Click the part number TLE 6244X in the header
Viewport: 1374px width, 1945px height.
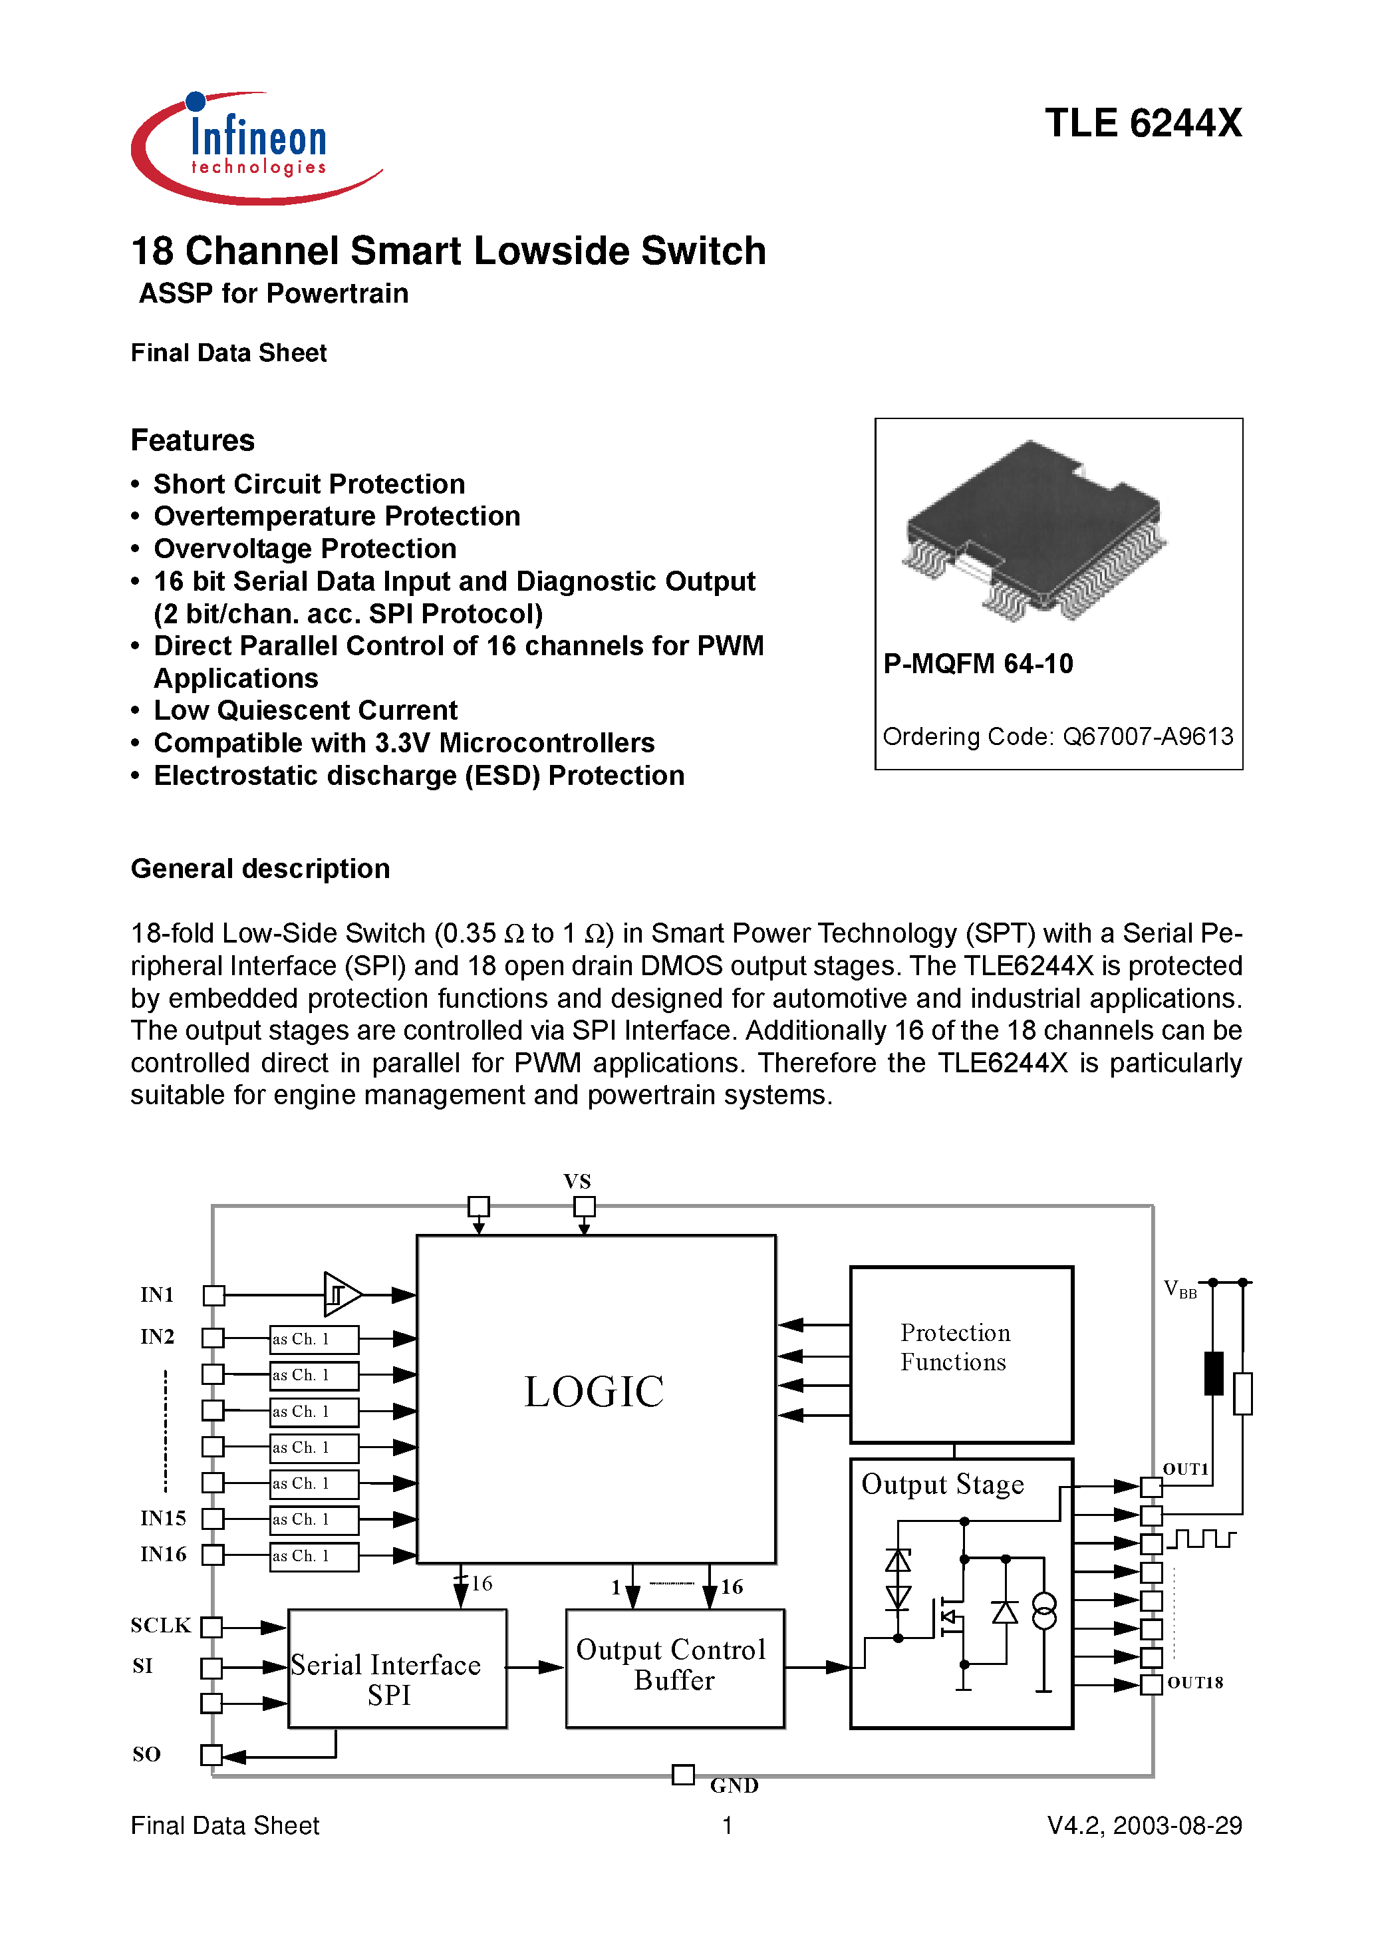click(x=1143, y=124)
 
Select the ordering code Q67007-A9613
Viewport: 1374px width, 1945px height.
click(x=1148, y=737)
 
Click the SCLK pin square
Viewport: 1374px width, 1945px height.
click(x=211, y=1627)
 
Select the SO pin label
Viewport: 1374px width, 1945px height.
click(x=146, y=1754)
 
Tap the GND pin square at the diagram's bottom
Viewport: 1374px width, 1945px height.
click(x=683, y=1774)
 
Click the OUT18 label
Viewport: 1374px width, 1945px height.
click(x=1194, y=1683)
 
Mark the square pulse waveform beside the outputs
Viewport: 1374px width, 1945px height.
click(x=1200, y=1539)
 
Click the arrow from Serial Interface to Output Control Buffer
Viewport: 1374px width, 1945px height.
click(x=535, y=1667)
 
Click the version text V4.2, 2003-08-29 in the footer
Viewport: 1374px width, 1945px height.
click(x=1144, y=1825)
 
